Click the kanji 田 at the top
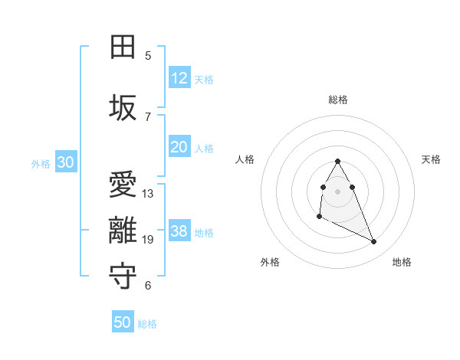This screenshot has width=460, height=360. click(x=123, y=48)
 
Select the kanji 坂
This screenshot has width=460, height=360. click(x=123, y=108)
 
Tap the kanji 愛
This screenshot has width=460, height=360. click(x=123, y=186)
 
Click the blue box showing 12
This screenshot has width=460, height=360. click(x=179, y=78)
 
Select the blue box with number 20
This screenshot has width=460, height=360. click(x=179, y=147)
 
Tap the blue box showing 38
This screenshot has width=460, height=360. click(x=179, y=231)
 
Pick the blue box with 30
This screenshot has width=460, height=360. click(x=66, y=162)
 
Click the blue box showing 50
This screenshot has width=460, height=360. click(x=123, y=322)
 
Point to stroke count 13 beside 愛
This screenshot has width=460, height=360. click(x=148, y=194)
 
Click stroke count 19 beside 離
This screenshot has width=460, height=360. click(x=148, y=240)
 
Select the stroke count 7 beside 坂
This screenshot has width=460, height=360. click(x=148, y=116)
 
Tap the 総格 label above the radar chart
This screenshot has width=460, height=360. click(x=338, y=100)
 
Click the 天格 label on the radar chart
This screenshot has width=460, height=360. click(x=432, y=159)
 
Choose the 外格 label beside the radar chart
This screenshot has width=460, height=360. click(x=270, y=262)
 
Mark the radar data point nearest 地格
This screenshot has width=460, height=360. click(x=374, y=242)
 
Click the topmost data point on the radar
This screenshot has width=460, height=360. click(x=337, y=162)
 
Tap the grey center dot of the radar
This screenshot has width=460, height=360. click(x=337, y=190)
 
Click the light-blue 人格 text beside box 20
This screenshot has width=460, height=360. click(x=204, y=149)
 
